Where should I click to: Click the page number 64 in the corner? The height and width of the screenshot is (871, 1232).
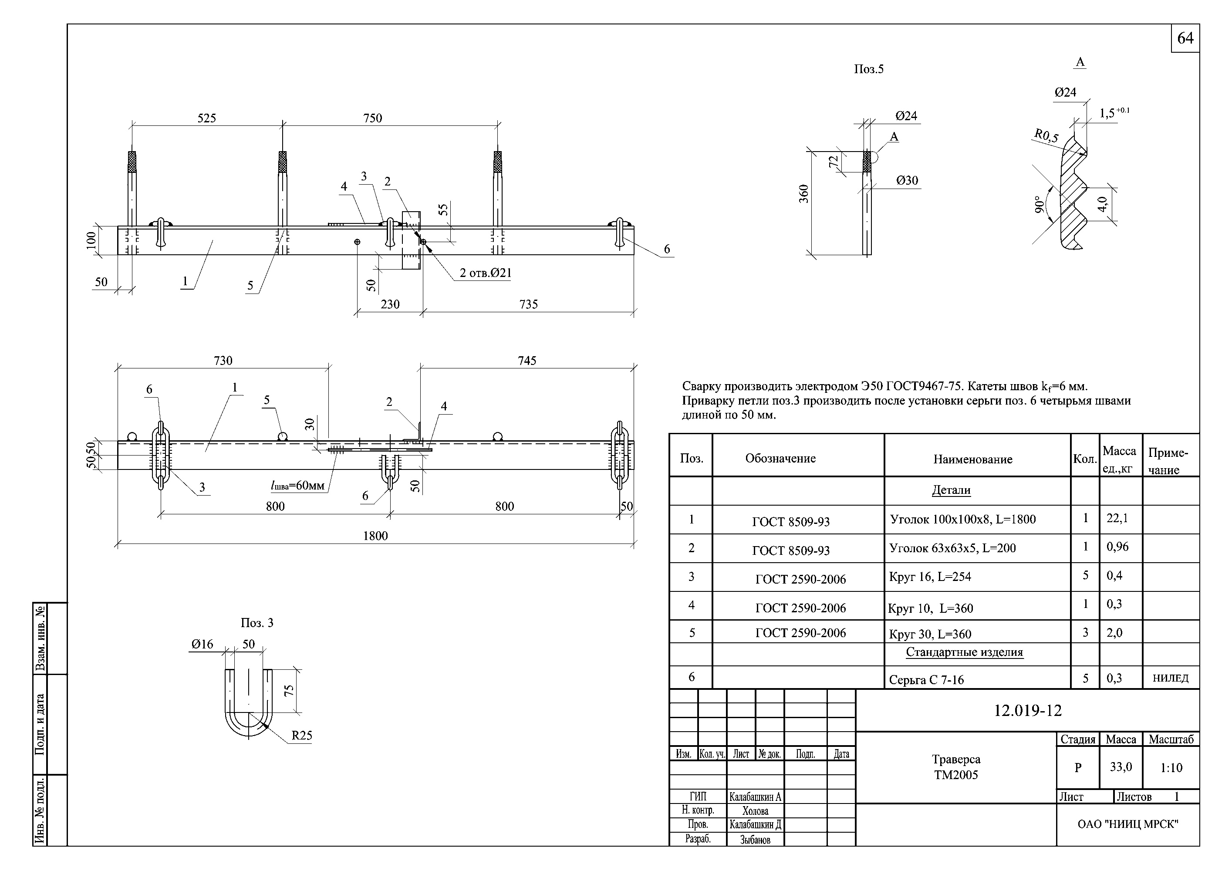[1185, 38]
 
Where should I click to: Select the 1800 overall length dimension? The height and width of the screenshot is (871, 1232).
[375, 536]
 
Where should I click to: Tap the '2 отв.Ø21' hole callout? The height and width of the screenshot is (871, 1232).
[485, 273]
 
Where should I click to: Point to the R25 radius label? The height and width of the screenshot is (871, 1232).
[301, 735]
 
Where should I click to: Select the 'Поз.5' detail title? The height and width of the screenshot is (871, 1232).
[869, 69]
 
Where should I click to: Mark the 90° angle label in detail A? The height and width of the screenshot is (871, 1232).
[1040, 205]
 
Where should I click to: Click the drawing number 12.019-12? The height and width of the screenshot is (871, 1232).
[1028, 711]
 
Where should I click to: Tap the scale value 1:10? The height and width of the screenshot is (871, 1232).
[1171, 767]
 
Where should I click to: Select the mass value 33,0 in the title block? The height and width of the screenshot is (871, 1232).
[1121, 767]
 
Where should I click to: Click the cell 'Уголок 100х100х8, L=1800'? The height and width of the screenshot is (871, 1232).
[962, 519]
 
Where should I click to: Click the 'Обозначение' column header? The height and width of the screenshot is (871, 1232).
[780, 458]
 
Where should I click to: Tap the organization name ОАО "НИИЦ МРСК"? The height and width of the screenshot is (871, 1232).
[1128, 824]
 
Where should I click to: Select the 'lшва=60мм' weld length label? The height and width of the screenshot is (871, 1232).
[298, 486]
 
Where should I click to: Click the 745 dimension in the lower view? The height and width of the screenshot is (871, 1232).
[527, 361]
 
